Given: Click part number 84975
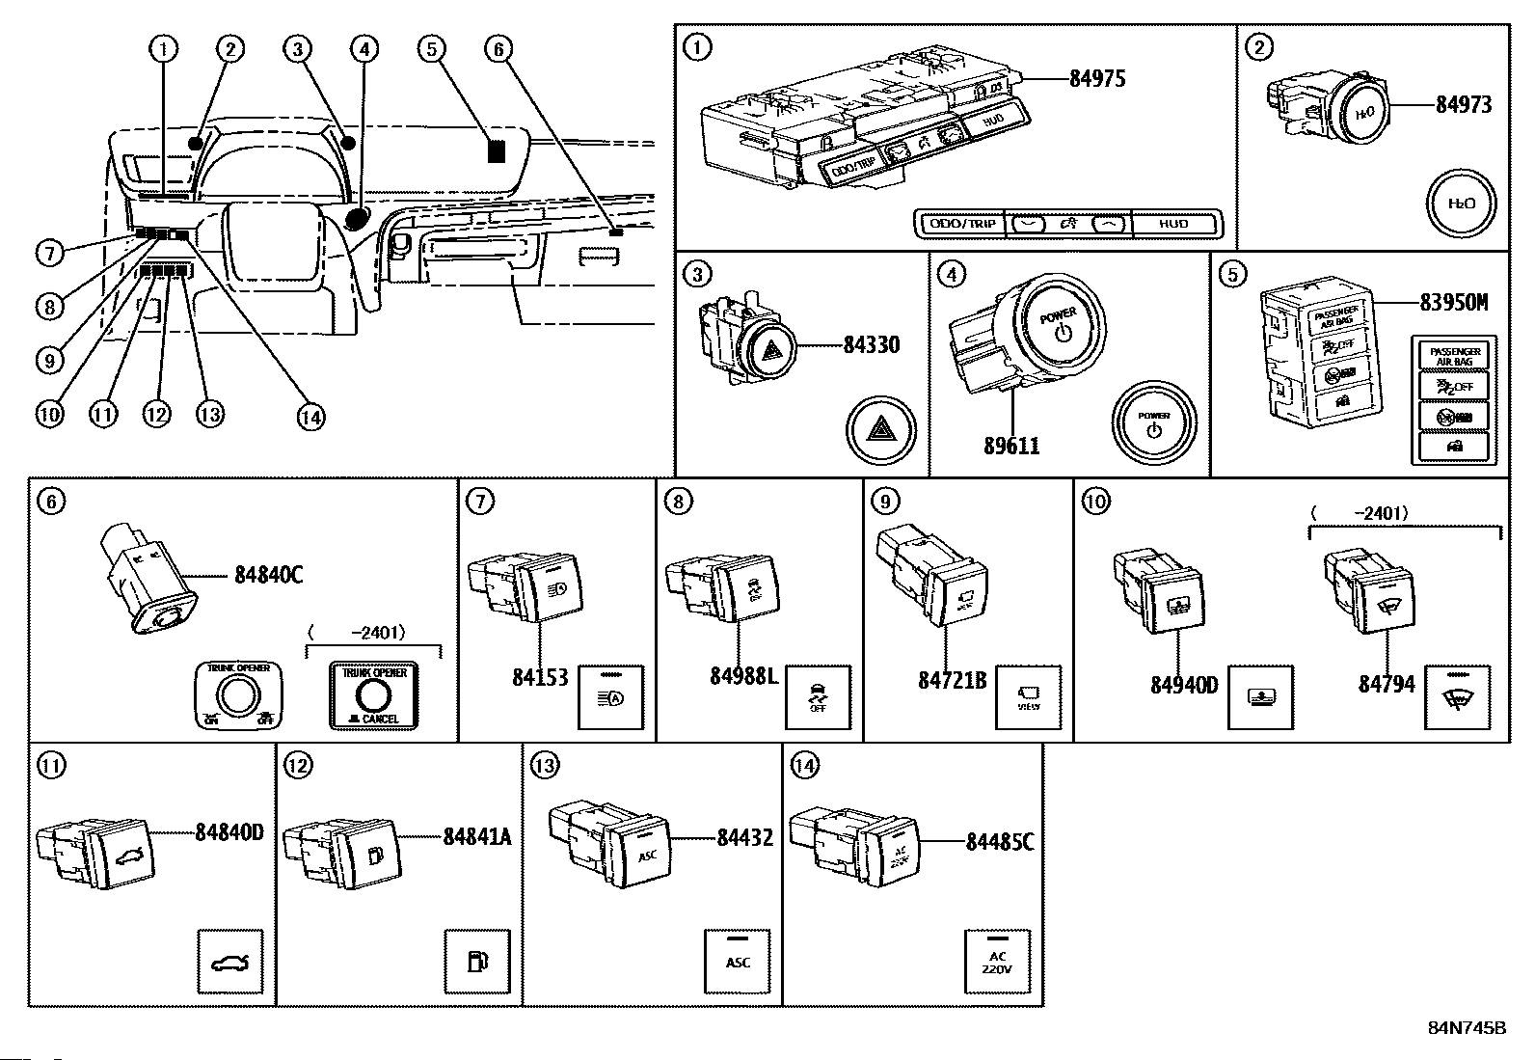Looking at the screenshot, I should [1097, 78].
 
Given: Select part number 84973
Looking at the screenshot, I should [1463, 104].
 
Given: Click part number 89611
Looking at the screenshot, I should [1011, 446].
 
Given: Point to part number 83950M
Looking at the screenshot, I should [1453, 302].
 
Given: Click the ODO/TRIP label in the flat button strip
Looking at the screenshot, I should [960, 224].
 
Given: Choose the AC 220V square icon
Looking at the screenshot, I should [998, 962].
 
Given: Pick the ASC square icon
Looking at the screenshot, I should [738, 962].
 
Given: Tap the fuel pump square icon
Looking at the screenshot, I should [476, 962].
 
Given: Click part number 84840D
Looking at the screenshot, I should [229, 832].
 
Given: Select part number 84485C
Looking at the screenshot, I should [1000, 842].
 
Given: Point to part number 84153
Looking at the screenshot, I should [540, 678].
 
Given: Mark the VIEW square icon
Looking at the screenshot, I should [1028, 697].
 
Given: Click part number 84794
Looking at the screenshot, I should [1387, 684].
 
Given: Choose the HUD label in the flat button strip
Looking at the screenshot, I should [1173, 224].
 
